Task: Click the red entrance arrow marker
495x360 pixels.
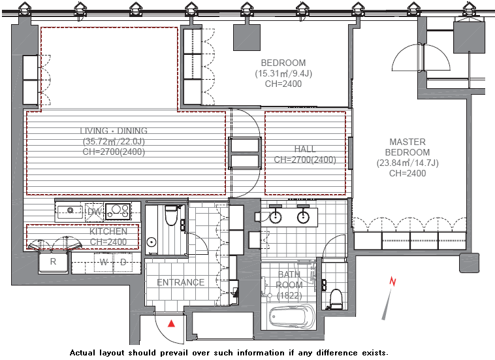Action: (171, 323)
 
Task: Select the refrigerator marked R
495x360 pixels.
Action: (53, 262)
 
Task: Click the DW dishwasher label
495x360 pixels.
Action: (95, 212)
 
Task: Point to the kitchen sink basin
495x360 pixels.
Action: (70, 210)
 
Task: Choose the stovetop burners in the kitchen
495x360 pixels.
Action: (118, 212)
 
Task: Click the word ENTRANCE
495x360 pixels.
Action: (181, 282)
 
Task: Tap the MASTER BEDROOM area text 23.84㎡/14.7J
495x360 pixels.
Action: (407, 163)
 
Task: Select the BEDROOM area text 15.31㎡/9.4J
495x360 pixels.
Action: (283, 74)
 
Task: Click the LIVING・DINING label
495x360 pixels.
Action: (114, 131)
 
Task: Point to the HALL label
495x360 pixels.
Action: (304, 149)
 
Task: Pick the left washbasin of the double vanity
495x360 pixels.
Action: (276, 217)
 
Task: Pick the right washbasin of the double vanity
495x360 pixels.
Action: (303, 217)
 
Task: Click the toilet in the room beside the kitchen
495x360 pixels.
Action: (171, 216)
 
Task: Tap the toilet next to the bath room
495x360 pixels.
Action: (336, 299)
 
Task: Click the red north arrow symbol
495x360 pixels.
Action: (393, 281)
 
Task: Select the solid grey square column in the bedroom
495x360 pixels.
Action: (247, 37)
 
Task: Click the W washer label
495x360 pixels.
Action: (104, 262)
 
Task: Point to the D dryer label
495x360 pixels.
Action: (123, 262)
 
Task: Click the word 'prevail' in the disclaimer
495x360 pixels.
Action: (174, 353)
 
